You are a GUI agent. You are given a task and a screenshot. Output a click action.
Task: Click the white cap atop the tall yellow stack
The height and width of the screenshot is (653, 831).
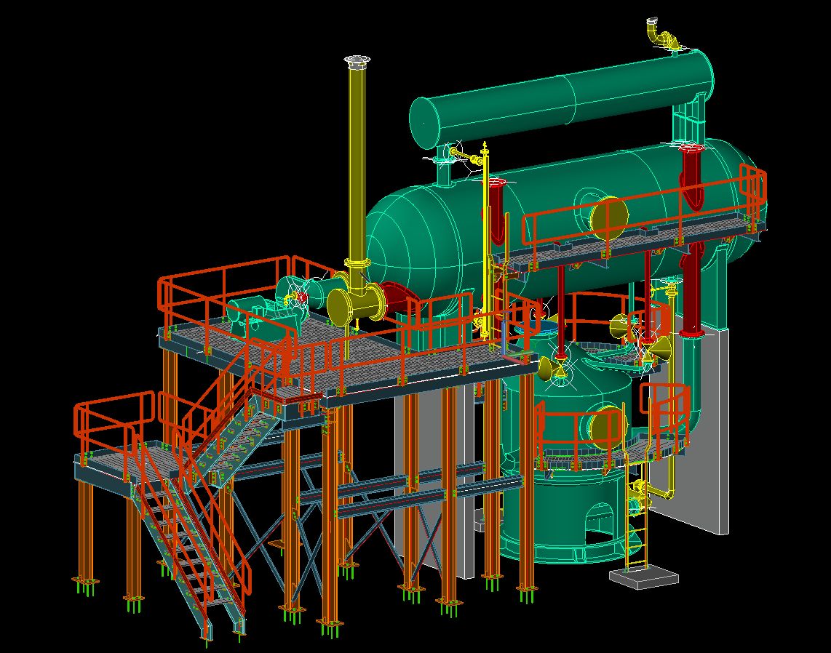tap(357, 61)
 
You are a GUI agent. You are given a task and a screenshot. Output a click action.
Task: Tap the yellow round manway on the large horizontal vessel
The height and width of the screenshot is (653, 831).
tap(608, 216)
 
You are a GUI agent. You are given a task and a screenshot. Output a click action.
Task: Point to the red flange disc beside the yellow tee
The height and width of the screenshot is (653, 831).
tap(394, 300)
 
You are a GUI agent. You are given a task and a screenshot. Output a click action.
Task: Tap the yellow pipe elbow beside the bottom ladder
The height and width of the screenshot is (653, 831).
tap(659, 493)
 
